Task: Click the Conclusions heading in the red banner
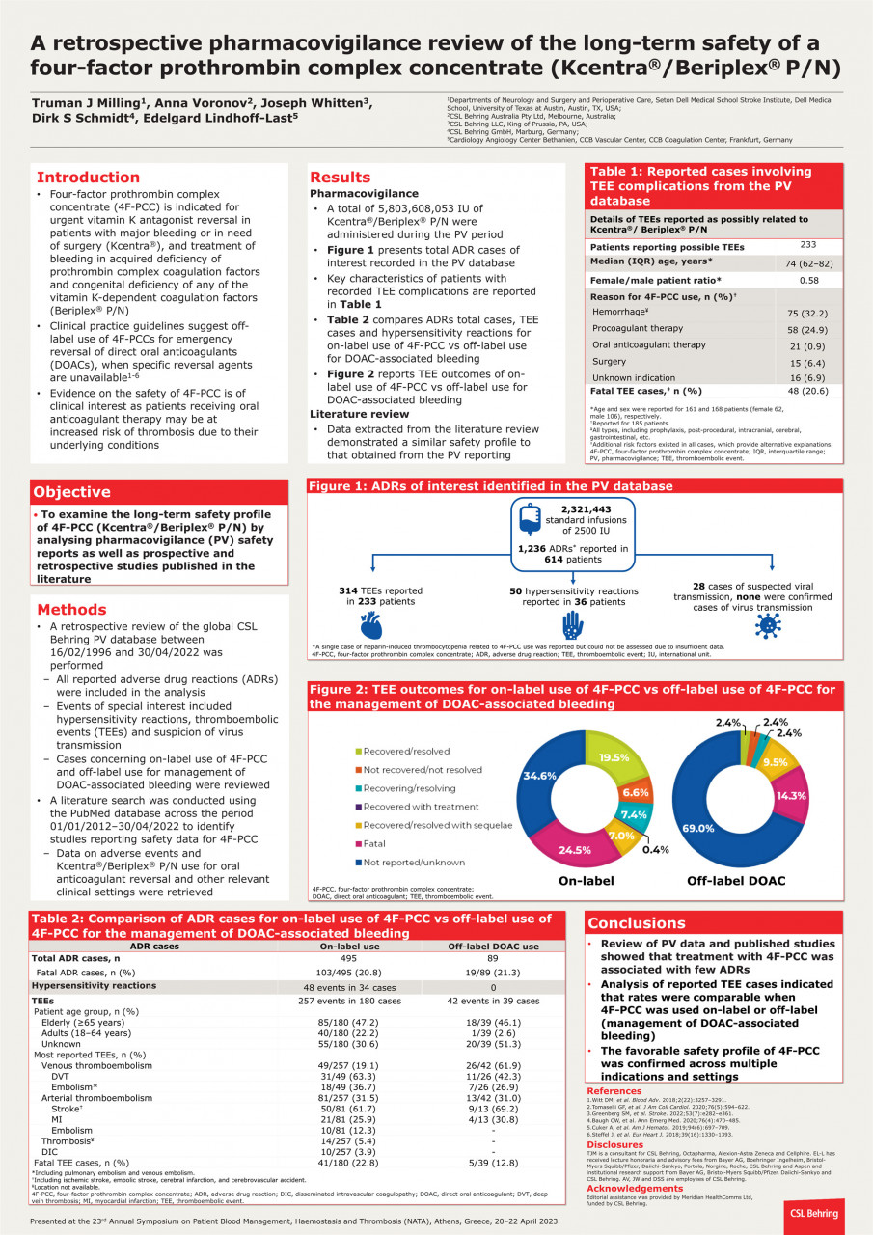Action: [637, 922]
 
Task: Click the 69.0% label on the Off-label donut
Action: [700, 828]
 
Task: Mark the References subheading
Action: [621, 1090]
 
